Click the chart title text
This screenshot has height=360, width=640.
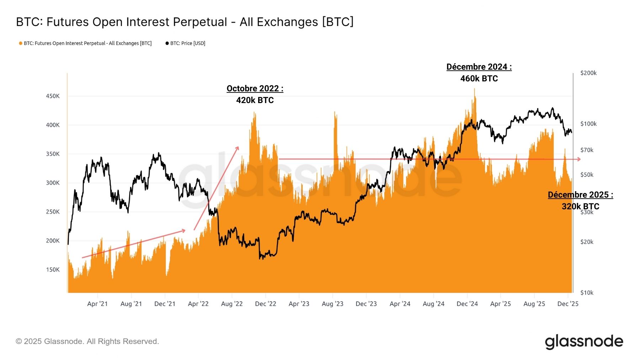185,22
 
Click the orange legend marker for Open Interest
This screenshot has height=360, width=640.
21,43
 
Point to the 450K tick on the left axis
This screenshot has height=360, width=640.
53,96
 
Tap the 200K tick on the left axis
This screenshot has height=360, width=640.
53,241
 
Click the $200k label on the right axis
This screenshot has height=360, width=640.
588,73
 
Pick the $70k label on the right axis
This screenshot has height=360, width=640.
587,150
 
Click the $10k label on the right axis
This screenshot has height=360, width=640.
587,292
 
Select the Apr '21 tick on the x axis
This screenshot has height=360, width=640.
97,304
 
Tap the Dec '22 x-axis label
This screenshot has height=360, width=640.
265,304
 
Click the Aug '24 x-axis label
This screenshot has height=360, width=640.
433,304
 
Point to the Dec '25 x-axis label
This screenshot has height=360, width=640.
568,304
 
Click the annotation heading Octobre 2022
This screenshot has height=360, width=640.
255,88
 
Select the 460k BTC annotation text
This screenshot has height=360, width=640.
479,79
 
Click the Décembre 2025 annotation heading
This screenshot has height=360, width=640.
580,195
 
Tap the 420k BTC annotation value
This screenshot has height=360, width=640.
255,100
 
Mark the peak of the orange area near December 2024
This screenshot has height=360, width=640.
474,89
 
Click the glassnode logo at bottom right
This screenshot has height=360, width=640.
584,342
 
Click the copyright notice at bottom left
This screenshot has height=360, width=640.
87,342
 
